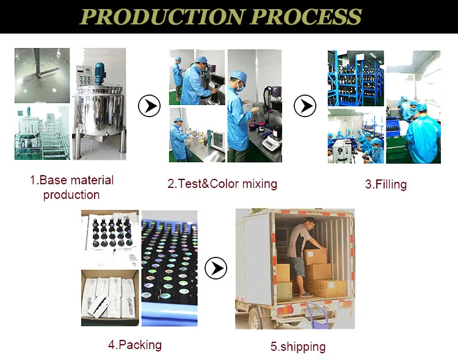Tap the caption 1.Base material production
click(x=71, y=187)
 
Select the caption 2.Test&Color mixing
click(x=222, y=184)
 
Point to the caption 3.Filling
click(x=386, y=184)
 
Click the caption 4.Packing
click(x=135, y=345)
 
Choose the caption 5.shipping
click(x=298, y=347)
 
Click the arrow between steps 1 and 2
click(x=148, y=106)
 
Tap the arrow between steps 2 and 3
click(x=305, y=106)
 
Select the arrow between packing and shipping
click(x=216, y=268)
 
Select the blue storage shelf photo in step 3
click(x=355, y=77)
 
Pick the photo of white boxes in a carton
click(x=110, y=297)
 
